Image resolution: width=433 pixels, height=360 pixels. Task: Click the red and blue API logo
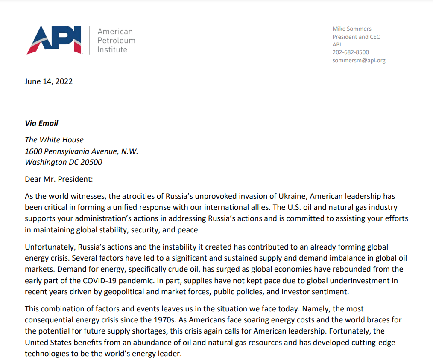pos(54,40)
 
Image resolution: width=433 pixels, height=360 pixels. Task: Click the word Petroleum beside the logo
pos(116,41)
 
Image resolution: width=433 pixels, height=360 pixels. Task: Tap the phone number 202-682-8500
pos(351,52)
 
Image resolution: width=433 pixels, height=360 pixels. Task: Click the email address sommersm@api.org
pos(359,60)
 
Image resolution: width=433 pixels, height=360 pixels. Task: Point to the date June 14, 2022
pos(49,81)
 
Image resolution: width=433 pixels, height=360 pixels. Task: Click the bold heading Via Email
pos(41,123)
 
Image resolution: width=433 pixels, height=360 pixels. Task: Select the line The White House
pos(54,140)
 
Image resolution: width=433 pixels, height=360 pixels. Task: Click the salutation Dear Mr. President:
pos(59,179)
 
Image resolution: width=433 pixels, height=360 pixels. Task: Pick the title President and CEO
pos(357,37)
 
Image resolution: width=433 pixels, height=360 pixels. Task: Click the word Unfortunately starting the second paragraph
pos(48,247)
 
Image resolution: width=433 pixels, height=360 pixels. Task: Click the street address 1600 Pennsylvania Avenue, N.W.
pos(82,151)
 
